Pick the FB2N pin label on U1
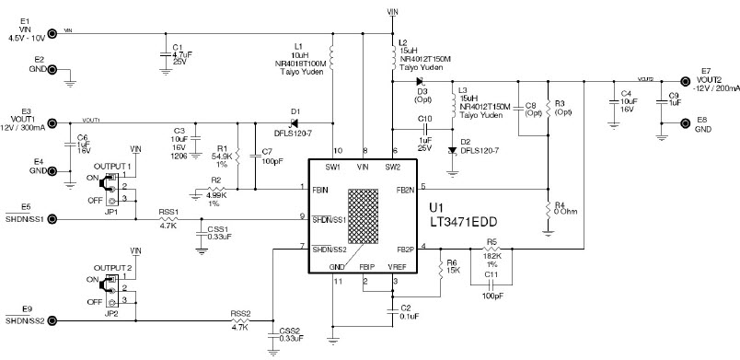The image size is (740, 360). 404,189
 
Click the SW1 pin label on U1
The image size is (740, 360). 332,167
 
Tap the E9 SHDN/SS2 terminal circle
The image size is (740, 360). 52,320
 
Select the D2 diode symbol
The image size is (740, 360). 453,149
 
